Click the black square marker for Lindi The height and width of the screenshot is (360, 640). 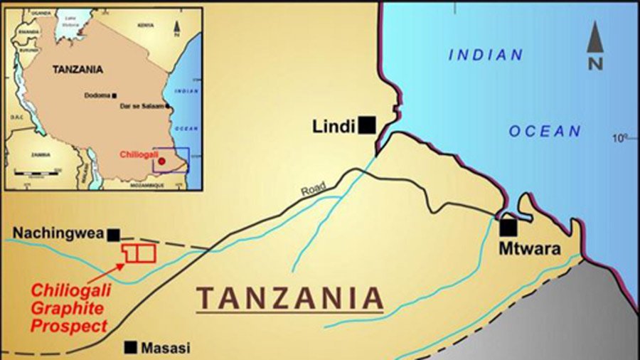(x=367, y=125)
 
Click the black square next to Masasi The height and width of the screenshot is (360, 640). (x=131, y=347)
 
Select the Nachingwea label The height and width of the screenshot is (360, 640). (x=58, y=233)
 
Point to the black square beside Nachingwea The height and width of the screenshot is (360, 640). (x=113, y=233)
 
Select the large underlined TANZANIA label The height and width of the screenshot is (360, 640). (x=290, y=298)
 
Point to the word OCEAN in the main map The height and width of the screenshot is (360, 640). (x=545, y=132)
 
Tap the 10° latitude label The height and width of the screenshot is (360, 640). (x=620, y=137)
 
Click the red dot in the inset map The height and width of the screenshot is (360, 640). (x=161, y=162)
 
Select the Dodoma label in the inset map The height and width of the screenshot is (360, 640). (x=97, y=95)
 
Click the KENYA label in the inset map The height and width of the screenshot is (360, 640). (x=145, y=25)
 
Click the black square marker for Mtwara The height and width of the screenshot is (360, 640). (x=508, y=228)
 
